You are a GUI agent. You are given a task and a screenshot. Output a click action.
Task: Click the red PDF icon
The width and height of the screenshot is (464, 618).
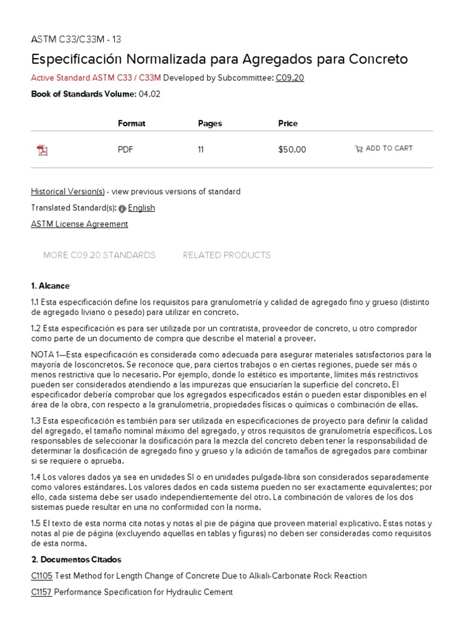point(42,150)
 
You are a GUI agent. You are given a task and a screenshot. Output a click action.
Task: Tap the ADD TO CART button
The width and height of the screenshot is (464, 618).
point(384,148)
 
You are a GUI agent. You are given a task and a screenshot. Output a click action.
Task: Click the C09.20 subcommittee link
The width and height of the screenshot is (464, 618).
point(290,78)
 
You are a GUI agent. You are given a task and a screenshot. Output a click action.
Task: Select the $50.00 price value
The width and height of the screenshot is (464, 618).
point(292,150)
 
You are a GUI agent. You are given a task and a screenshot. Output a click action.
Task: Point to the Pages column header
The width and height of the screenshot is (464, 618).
point(210,123)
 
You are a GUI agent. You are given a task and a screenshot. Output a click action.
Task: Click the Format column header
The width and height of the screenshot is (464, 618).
point(132,123)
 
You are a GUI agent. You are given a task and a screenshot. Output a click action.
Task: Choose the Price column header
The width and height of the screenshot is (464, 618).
point(288,123)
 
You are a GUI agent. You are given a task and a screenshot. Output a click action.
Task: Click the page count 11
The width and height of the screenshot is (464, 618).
point(201,150)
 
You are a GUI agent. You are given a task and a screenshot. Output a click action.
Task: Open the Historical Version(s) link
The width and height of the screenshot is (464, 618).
point(68,191)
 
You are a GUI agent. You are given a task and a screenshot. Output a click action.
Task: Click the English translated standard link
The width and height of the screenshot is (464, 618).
point(141,208)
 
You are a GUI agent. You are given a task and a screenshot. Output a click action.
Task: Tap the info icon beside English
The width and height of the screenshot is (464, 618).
point(122,208)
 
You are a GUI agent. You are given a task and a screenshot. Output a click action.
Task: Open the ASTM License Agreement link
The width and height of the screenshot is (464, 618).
point(79,224)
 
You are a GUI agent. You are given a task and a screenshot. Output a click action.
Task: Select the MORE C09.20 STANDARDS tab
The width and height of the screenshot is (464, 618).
point(99,255)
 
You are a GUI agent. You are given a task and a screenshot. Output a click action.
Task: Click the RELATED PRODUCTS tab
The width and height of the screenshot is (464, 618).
point(227,255)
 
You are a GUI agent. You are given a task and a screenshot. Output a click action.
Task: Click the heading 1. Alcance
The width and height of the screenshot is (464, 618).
point(50,285)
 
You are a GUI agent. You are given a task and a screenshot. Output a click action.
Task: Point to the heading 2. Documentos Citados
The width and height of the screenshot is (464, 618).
point(76,559)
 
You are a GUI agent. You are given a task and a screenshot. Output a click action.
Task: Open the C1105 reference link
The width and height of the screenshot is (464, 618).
point(42,576)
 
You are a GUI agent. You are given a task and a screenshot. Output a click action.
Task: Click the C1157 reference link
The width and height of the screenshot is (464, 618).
point(41,592)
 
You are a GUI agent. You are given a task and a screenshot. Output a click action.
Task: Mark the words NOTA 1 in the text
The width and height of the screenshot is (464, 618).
point(47,354)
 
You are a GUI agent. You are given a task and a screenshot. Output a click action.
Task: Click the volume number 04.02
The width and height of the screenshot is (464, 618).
point(149,94)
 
